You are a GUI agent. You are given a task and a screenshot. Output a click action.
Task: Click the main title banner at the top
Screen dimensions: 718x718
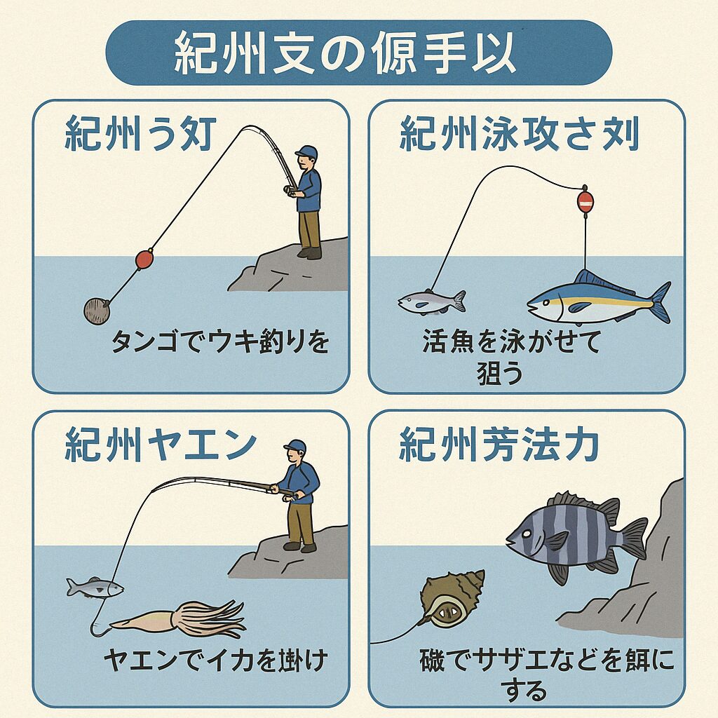pos(358,53)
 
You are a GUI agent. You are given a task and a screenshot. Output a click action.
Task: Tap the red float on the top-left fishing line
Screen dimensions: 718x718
pos(144,259)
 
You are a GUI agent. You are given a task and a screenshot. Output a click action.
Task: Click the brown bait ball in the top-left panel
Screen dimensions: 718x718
pos(96,309)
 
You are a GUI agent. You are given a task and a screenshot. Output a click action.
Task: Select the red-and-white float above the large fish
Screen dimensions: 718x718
pos(585,202)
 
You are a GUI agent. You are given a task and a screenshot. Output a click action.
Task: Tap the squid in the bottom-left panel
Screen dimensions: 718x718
pos(182,617)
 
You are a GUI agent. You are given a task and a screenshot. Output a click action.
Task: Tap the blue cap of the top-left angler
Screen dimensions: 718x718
pos(306,152)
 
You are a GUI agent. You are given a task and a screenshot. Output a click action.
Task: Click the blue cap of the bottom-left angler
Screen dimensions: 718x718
pos(295,446)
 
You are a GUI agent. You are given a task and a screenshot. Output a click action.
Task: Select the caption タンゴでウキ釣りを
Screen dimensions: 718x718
pos(220,343)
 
